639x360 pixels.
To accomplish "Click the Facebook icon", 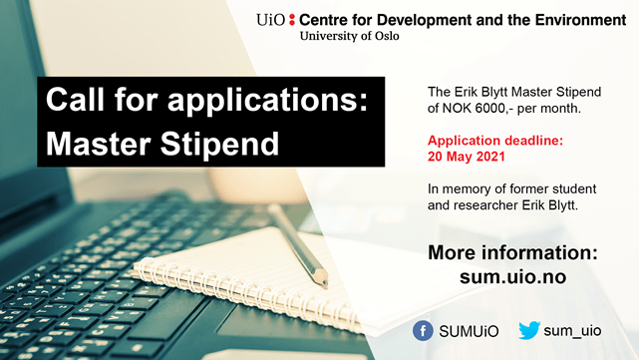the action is pos(423,330).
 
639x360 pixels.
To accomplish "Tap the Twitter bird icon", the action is pos(529,330).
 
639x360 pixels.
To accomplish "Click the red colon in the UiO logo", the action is pos(292,20).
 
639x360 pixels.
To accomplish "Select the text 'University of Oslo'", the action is pos(349,36).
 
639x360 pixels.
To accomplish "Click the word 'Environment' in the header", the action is pos(580,20).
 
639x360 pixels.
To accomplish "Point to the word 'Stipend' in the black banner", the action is pos(219,144).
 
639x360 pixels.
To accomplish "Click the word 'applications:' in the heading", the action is pos(268,101).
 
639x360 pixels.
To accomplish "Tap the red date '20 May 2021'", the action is pos(467,157).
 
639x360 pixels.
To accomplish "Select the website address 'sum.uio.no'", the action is pos(512,277).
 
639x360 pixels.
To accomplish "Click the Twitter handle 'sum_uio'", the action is pos(572,330).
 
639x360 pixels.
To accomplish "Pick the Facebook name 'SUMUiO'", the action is pos(469,331).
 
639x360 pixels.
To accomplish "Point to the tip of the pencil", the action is pos(325,283).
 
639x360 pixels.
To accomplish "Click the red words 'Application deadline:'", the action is pos(495,141).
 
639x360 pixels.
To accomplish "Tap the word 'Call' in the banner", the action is pos(75,99).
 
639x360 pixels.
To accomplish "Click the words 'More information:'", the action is pos(512,252).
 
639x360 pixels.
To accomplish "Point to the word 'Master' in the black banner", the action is pos(99,144).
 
